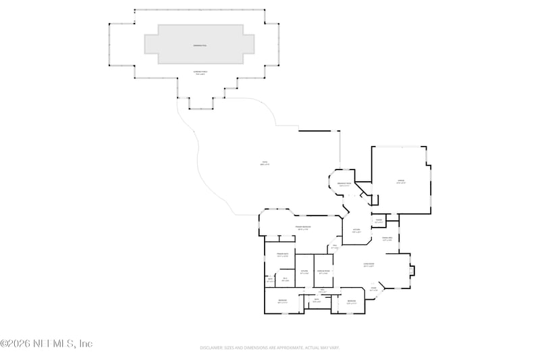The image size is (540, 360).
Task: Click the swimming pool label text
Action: tap(200, 45)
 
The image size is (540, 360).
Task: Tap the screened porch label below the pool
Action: tap(200, 74)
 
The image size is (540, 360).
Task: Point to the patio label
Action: tap(265, 163)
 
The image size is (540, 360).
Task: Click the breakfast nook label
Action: tap(344, 184)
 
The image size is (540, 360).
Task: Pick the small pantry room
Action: tap(379, 221)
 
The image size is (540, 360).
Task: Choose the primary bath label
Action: tap(282, 255)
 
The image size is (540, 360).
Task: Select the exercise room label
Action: tap(324, 272)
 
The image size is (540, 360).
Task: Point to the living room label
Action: tap(369, 265)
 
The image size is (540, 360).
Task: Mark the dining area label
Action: tap(387, 239)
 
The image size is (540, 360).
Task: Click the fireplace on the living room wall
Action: tap(413, 271)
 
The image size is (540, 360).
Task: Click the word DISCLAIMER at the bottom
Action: tap(215, 348)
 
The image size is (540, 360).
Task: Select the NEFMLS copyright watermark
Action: tap(46, 344)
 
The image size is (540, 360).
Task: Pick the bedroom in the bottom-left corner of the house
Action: tap(283, 301)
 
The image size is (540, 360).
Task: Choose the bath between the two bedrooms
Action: tap(316, 301)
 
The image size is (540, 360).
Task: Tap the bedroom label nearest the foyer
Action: tap(352, 302)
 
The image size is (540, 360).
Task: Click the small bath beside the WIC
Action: tap(270, 280)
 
